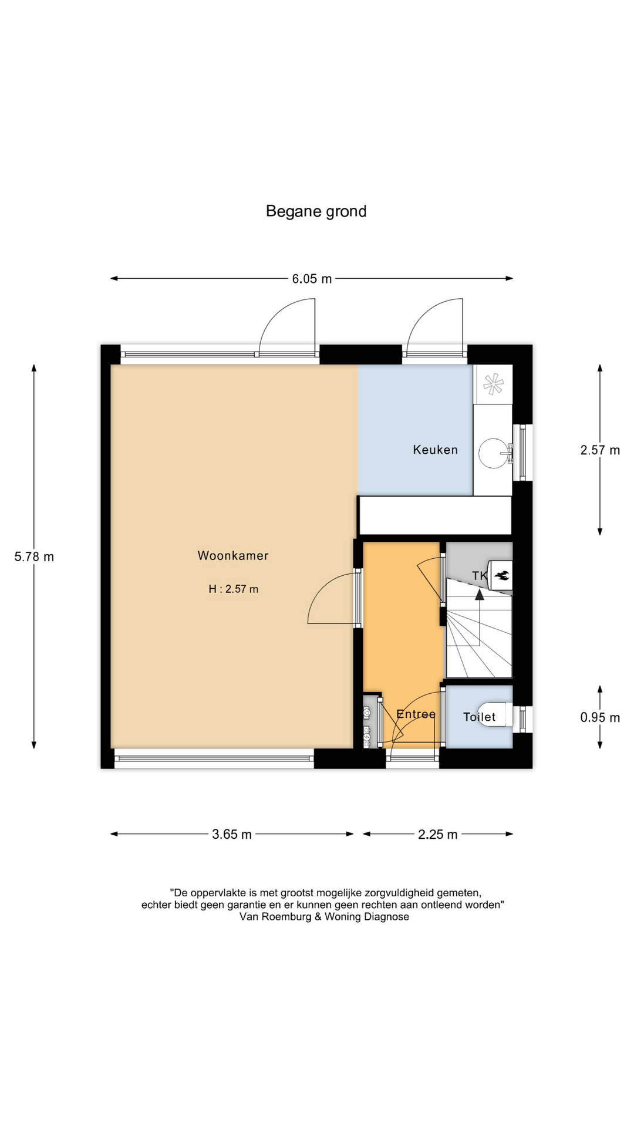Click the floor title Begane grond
point(316,211)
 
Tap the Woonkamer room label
point(233,556)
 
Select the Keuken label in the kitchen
point(435,450)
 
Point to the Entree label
point(416,714)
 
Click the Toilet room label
point(479,717)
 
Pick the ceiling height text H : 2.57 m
point(233,589)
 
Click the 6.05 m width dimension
point(312,279)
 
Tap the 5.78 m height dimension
point(34,556)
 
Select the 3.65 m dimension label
point(232,834)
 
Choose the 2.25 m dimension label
point(437,834)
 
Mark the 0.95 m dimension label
point(600,717)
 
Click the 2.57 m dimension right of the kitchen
point(600,450)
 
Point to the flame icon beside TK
point(501,576)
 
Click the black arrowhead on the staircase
point(480,595)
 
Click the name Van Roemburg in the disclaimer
point(275,917)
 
